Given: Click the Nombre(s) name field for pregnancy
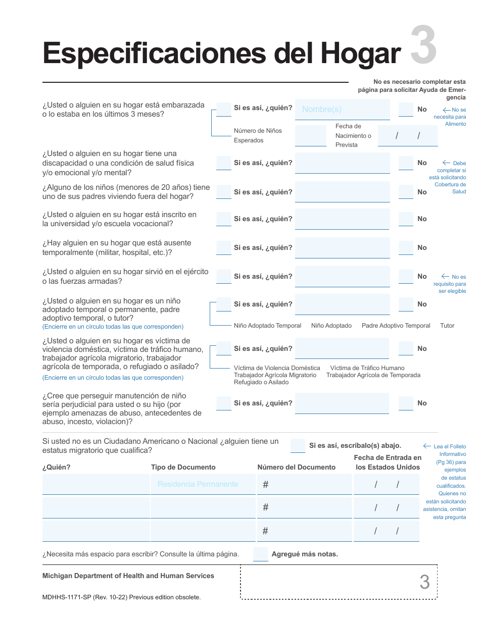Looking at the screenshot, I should tap(342, 109).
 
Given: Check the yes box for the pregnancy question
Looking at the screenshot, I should tap(223, 109).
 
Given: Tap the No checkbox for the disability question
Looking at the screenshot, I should tap(406, 163).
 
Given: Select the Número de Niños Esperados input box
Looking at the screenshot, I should tap(310, 135).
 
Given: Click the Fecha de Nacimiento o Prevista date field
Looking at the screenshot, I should tap(407, 135).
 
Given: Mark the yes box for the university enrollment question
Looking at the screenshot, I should tap(223, 219).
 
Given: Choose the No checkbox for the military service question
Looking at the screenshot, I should tap(406, 277).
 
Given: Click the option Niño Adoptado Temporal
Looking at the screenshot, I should tap(267, 326).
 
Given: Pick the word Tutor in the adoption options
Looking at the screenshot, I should tap(447, 326).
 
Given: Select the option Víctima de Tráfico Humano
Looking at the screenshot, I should tap(367, 368).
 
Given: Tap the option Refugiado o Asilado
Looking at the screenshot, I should tap(261, 382).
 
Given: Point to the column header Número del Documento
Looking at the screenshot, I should tap(296, 468).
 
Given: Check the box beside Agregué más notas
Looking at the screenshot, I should tap(261, 554).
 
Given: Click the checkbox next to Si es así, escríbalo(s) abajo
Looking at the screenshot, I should tap(298, 445).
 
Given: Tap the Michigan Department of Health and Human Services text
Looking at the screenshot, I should tap(128, 576).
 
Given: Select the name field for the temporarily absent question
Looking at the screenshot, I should tap(342, 248).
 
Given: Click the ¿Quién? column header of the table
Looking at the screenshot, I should tap(57, 468).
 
